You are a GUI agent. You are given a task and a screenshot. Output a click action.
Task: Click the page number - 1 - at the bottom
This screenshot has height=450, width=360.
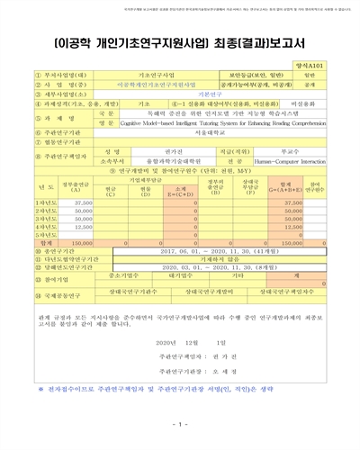click(181, 438)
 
